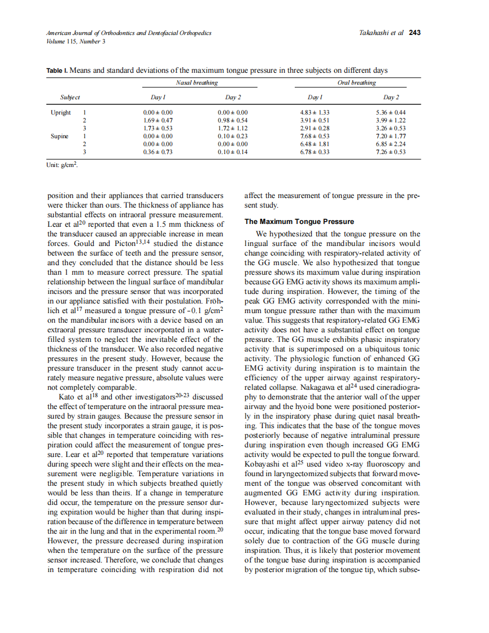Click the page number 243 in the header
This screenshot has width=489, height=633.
point(415,33)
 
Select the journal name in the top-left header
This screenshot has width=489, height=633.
point(129,33)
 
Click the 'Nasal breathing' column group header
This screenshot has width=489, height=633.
point(197,83)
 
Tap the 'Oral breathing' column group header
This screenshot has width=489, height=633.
point(356,83)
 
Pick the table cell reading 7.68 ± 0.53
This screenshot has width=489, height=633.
point(315,136)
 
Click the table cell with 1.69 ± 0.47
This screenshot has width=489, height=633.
point(158,120)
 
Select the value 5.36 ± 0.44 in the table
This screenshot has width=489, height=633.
point(391,112)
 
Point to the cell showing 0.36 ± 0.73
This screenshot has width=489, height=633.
point(158,152)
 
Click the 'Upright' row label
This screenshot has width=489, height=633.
point(60,112)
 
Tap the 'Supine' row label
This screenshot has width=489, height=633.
point(60,136)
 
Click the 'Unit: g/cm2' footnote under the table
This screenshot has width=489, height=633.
point(62,165)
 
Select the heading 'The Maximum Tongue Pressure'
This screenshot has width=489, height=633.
point(299,222)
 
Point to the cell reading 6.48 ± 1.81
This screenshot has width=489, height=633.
point(315,144)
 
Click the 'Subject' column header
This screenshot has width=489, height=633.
point(71,98)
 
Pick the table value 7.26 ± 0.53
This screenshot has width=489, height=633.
point(391,152)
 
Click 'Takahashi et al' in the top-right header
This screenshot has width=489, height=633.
point(381,33)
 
